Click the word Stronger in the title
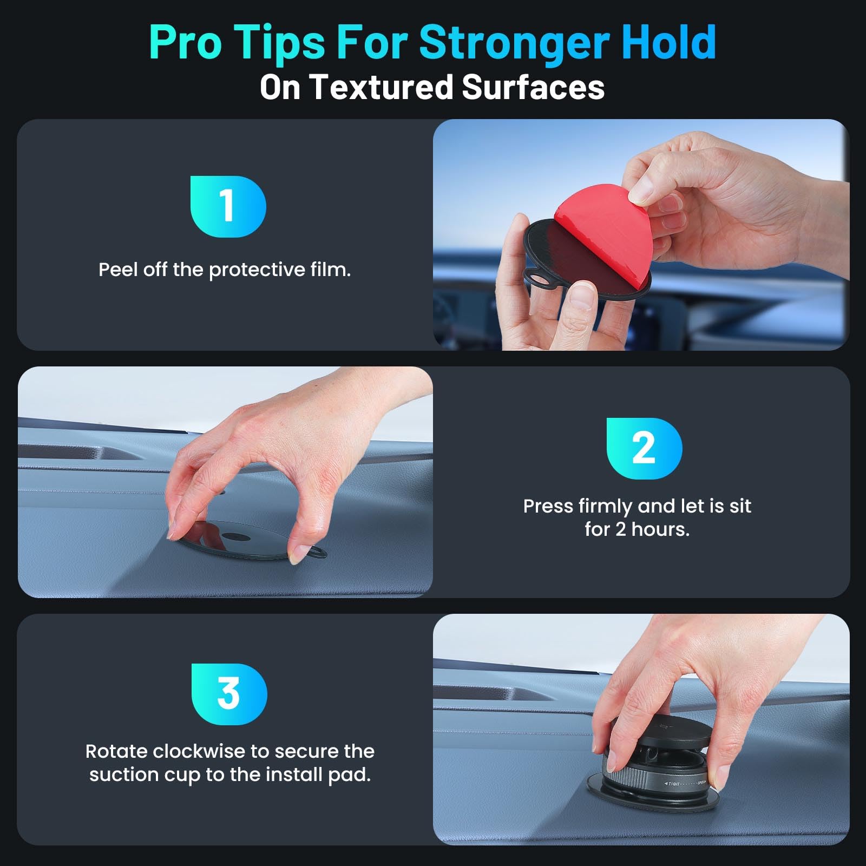coord(514,43)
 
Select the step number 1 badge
coord(228,206)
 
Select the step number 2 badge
coord(644,448)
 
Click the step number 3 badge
coord(229,694)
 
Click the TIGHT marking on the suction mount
coord(674,784)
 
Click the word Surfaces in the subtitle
coord(533,87)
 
